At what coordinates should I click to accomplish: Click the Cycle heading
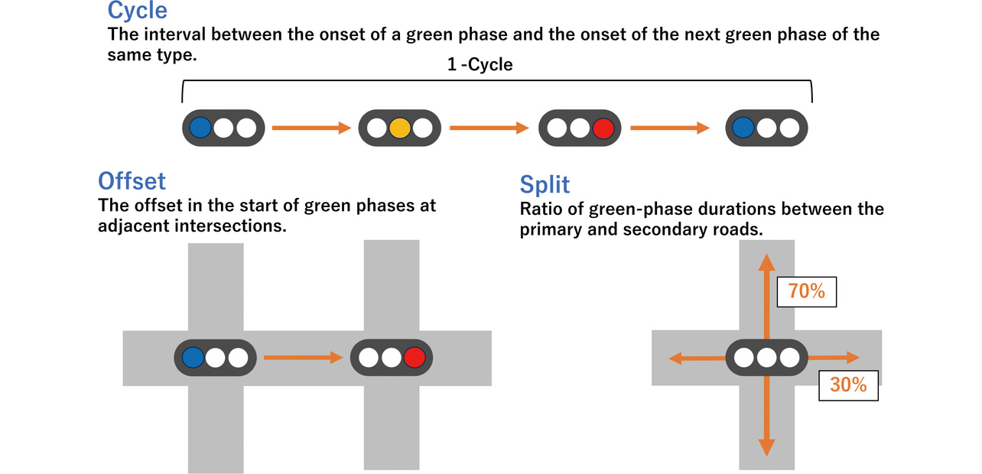(x=137, y=11)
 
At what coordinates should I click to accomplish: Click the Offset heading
(x=132, y=180)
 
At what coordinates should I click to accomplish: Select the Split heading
(x=545, y=184)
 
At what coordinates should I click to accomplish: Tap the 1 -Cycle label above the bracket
(x=480, y=64)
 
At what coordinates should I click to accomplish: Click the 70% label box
(x=806, y=292)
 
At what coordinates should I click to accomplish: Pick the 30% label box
(x=848, y=385)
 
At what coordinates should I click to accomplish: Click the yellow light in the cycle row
(x=399, y=128)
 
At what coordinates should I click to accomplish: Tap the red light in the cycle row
(x=603, y=128)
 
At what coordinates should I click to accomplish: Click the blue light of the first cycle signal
(x=200, y=128)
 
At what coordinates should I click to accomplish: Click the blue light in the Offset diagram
(x=193, y=357)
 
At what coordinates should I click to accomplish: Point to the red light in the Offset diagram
(x=415, y=357)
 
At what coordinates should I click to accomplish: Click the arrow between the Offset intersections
(x=302, y=357)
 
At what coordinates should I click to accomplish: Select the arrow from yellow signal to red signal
(x=489, y=128)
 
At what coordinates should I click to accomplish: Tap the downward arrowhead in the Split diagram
(x=766, y=448)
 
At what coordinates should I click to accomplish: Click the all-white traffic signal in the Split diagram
(x=766, y=357)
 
